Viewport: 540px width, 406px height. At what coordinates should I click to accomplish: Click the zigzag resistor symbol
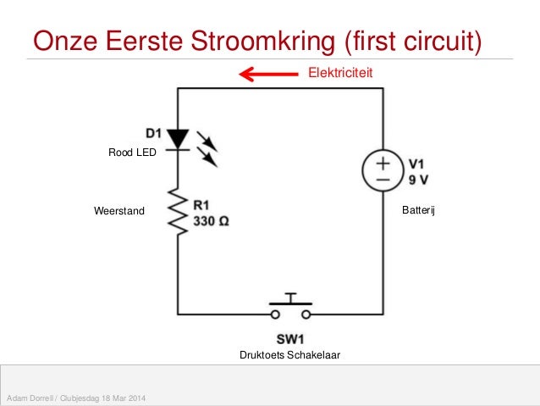177,211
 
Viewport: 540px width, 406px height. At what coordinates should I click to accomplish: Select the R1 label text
202,204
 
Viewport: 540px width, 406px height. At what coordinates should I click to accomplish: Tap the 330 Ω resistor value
211,219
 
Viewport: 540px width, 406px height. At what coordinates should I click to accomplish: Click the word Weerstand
119,211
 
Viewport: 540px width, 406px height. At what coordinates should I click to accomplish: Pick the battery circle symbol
383,170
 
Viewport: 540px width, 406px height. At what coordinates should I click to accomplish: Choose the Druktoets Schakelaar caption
290,355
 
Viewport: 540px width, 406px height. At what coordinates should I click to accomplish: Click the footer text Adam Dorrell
28,398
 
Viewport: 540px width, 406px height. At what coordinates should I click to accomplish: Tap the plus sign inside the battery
383,162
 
